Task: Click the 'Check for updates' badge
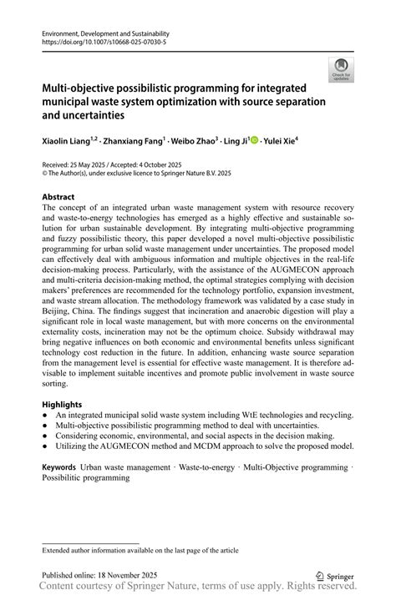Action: pos(340,71)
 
